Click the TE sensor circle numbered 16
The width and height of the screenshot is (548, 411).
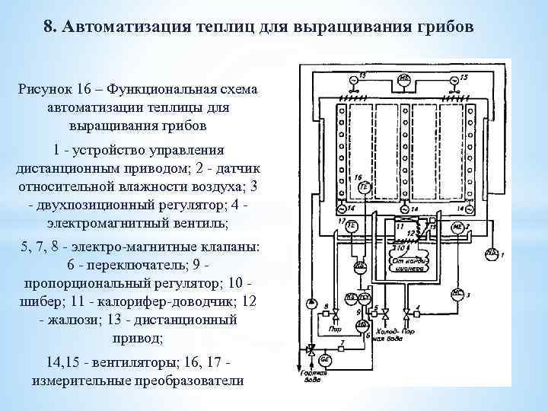pyautogui.click(x=364, y=187)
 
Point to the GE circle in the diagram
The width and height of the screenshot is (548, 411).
pyautogui.click(x=323, y=360)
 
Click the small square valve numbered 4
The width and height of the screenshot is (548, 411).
pyautogui.click(x=416, y=311)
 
